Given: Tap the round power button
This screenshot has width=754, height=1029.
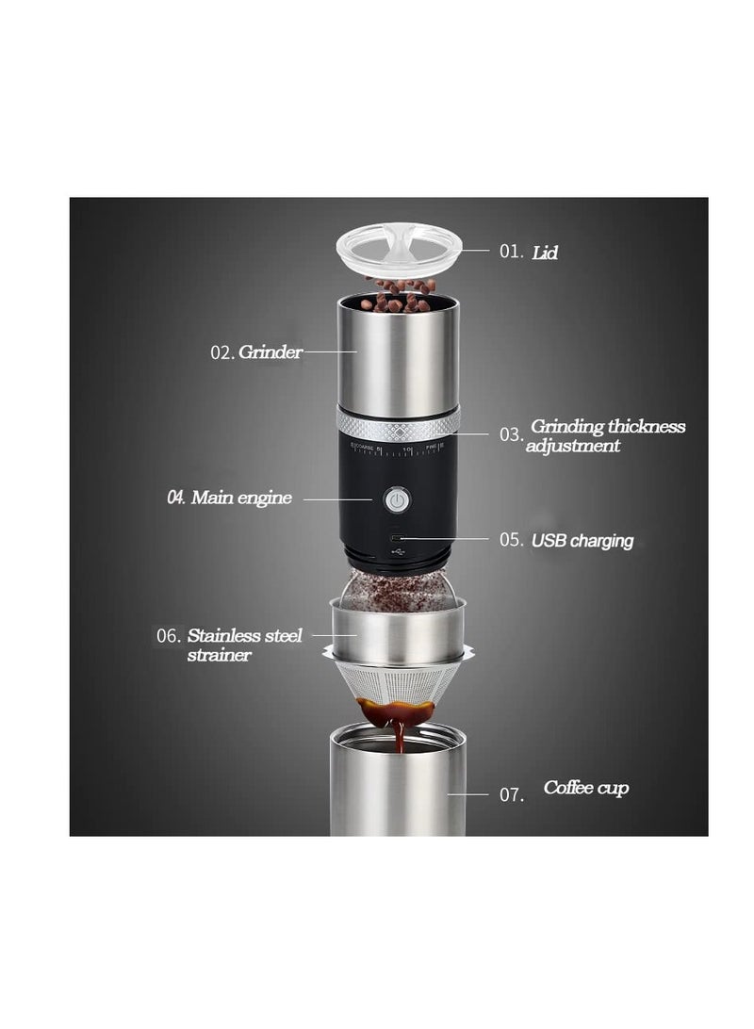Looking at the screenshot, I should pos(398,499).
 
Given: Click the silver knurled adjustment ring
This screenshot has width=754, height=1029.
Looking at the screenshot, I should pos(399,422).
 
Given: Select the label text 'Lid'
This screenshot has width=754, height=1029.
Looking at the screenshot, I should pos(545,253).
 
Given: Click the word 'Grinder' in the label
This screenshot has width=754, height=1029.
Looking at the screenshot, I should pos(270,352).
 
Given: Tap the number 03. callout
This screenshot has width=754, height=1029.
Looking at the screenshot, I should pos(511,434).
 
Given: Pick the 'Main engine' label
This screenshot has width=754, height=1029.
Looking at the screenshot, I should pos(241,498).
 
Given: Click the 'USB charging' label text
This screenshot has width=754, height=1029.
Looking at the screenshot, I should pos(582,541).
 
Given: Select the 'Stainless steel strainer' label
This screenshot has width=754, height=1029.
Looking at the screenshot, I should pos(244,645).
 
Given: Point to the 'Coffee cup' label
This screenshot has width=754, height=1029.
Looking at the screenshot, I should pos(585,787).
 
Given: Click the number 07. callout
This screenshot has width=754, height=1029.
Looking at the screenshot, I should pos(511,794).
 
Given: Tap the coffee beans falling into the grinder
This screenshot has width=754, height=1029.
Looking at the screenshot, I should pos(400,293).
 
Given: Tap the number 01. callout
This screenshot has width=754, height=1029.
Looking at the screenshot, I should pos(511,252).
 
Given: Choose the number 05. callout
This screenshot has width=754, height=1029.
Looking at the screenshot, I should pos(511,541).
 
